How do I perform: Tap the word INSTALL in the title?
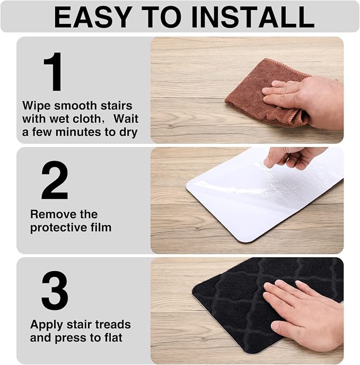pyautogui.click(x=252, y=17)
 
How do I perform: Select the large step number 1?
pyautogui.click(x=54, y=72)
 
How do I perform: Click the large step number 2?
pyautogui.click(x=55, y=180)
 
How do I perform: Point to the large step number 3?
pyautogui.click(x=55, y=290)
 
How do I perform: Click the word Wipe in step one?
pyautogui.click(x=37, y=106)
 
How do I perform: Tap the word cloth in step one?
pyautogui.click(x=87, y=119)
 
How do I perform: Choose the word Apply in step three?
pyautogui.click(x=46, y=325)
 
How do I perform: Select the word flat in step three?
pyautogui.click(x=110, y=337)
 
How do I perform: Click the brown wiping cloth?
pyautogui.click(x=265, y=93)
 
